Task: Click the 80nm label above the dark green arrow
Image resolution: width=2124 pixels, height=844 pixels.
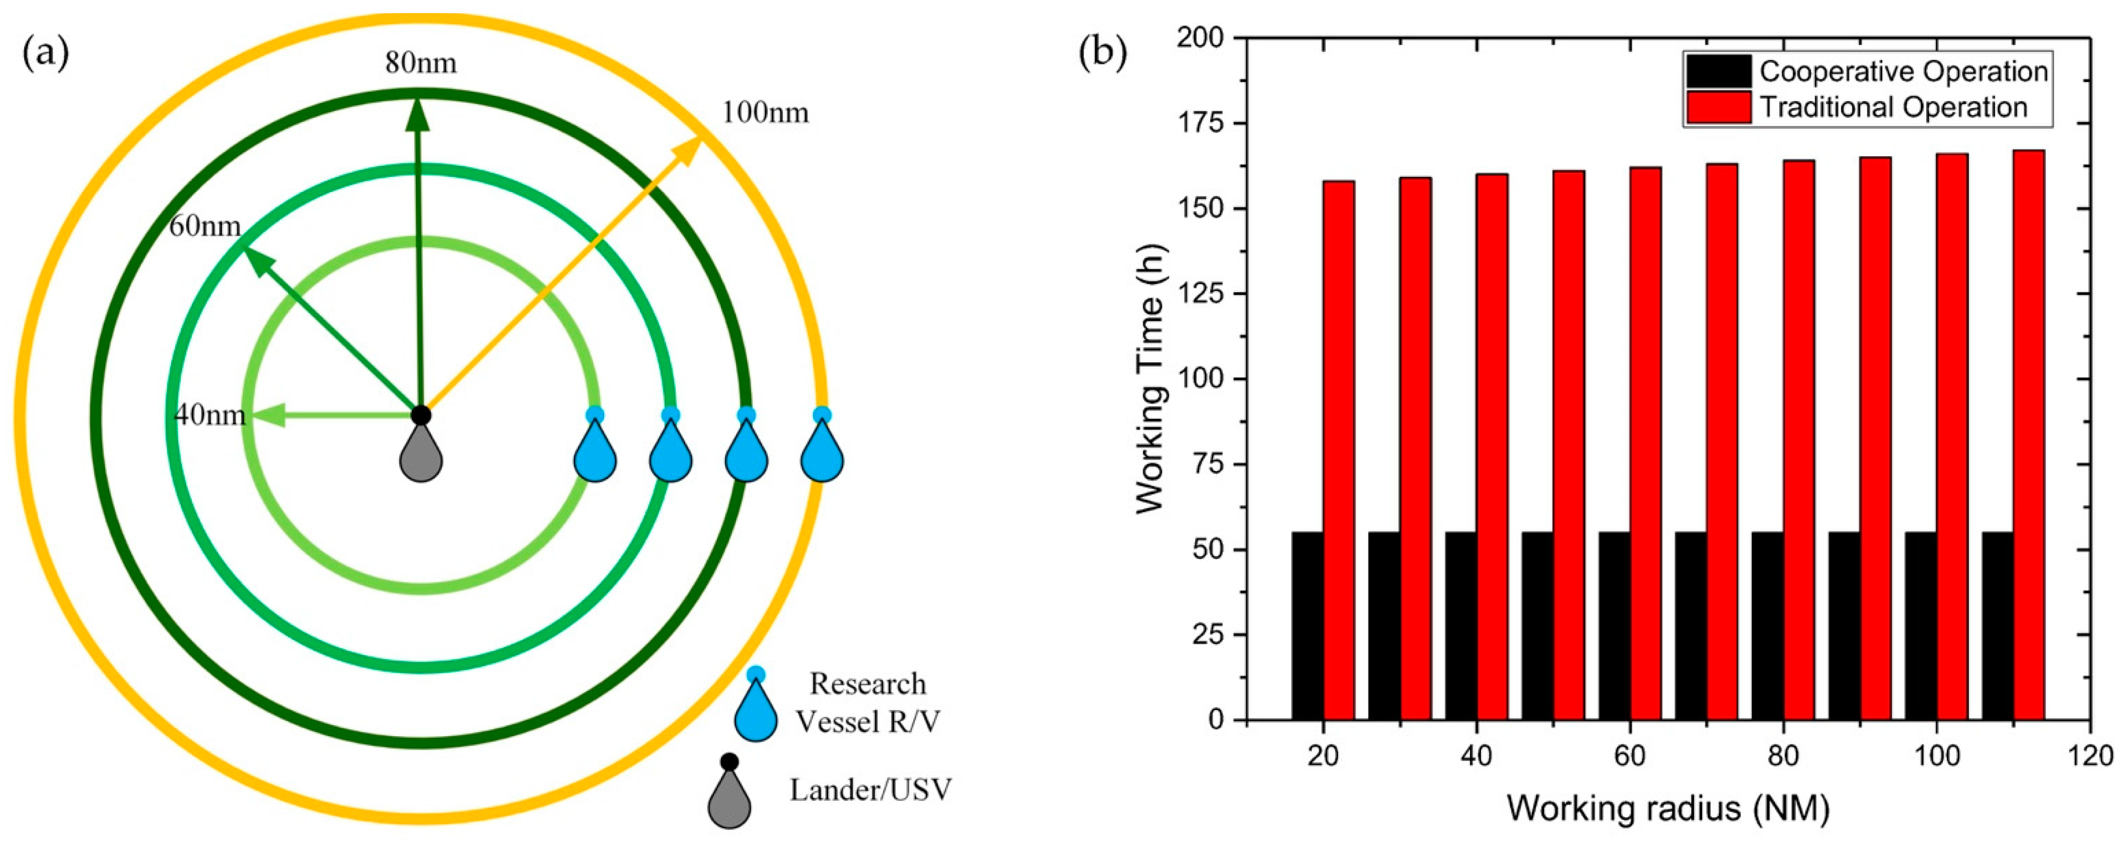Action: point(420,63)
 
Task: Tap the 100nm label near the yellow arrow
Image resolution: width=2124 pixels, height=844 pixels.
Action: point(765,112)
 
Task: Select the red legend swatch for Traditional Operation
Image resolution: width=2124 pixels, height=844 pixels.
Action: point(1718,108)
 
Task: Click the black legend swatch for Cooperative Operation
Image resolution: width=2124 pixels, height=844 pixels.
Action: point(1718,72)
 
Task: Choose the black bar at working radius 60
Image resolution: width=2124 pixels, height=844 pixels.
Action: point(1615,626)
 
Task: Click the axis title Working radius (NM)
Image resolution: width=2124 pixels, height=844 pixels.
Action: point(1668,809)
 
